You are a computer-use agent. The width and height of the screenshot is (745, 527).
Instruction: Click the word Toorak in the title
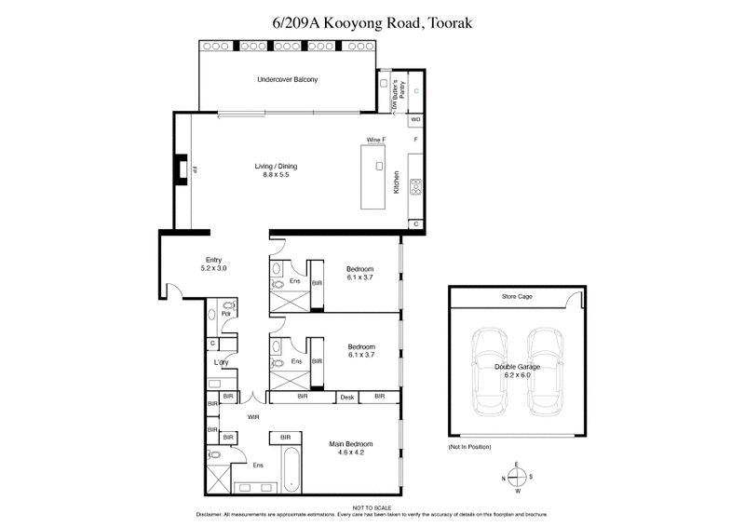tap(454, 20)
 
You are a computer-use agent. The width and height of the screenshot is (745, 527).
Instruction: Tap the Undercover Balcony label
tap(288, 80)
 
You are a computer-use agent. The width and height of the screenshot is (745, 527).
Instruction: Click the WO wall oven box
tap(415, 120)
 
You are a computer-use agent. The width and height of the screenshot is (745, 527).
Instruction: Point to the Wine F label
tap(375, 141)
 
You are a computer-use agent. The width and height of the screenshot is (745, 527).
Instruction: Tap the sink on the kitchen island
tap(379, 166)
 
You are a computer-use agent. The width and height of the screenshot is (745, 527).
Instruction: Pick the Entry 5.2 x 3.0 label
tap(214, 264)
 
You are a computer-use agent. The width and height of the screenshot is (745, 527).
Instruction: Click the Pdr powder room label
tap(225, 314)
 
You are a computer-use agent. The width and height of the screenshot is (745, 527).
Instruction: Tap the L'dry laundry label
tap(222, 362)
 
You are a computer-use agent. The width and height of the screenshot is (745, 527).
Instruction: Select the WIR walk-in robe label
tap(251, 418)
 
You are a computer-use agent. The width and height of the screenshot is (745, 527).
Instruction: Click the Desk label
tap(348, 398)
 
